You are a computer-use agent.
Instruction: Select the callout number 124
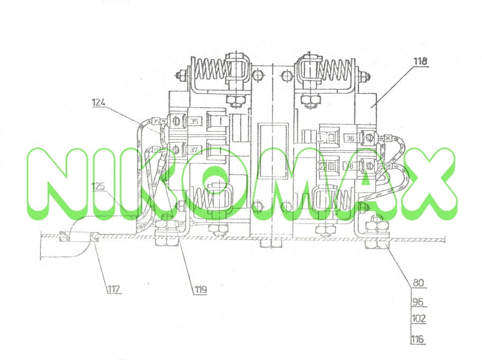99,101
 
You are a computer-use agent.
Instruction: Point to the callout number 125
98,186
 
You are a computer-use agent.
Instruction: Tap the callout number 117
114,289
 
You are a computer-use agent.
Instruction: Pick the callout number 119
200,289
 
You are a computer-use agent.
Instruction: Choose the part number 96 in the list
418,303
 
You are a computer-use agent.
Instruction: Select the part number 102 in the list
418,319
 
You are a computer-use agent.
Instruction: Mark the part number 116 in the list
418,339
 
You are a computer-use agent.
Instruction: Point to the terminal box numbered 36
349,139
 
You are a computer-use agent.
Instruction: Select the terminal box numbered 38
349,166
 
